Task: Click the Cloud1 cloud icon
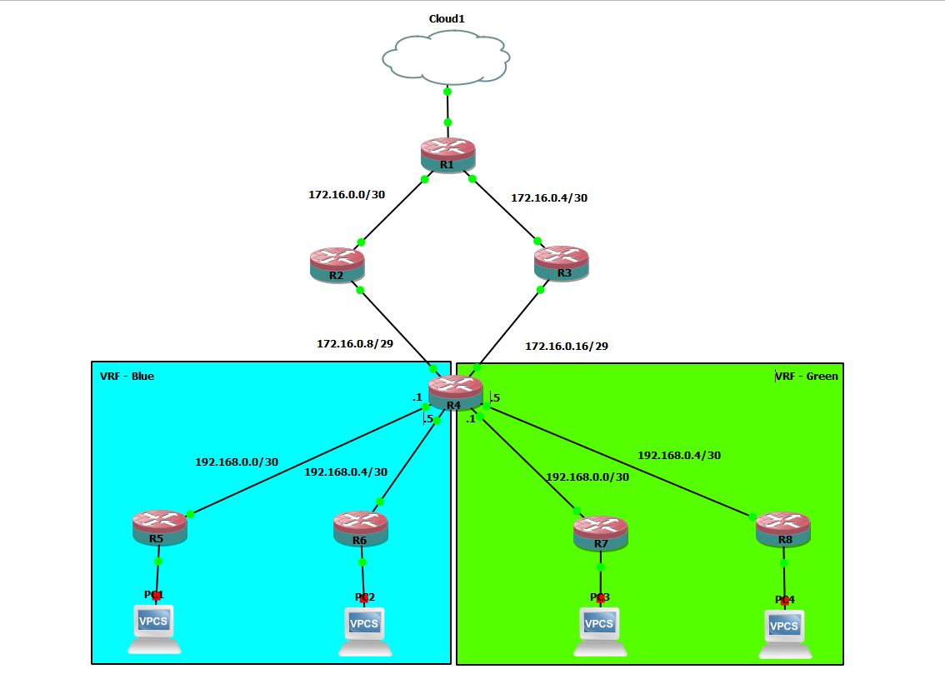[x=446, y=57]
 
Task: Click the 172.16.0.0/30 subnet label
[x=347, y=194]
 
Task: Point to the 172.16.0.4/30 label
[x=549, y=197]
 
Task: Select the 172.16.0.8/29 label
[x=354, y=342]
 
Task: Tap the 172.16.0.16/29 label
[x=566, y=345]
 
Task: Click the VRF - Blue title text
[x=127, y=376]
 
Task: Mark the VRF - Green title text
[x=807, y=376]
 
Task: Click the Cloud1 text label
[x=446, y=18]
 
